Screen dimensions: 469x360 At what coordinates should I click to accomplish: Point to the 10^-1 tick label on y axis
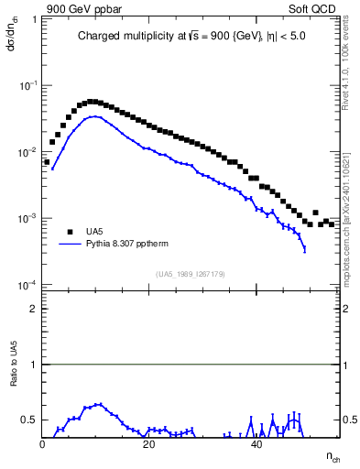(x=27, y=85)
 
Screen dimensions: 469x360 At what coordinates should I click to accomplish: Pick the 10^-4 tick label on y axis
(x=27, y=286)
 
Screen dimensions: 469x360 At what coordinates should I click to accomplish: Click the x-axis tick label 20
(x=149, y=445)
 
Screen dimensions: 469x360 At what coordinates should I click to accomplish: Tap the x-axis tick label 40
(x=256, y=445)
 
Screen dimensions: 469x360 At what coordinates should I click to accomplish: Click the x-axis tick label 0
(x=42, y=445)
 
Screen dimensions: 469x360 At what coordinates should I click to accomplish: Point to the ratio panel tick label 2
(x=33, y=309)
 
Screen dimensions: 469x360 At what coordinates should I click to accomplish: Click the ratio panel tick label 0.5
(x=29, y=420)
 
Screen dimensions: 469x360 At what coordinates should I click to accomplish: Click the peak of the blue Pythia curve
(x=95, y=117)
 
